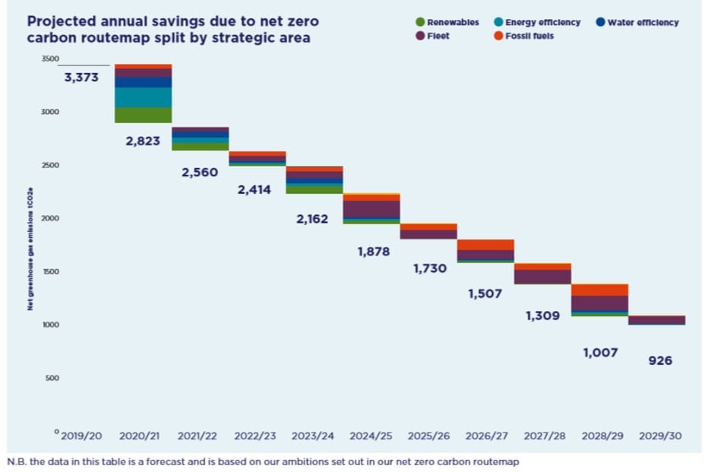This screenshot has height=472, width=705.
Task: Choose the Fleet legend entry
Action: point(435,36)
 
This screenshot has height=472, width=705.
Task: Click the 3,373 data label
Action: point(81,77)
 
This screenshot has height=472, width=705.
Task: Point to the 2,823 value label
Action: point(143,141)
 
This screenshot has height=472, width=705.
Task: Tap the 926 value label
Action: point(659,361)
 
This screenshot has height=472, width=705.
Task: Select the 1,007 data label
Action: point(601,353)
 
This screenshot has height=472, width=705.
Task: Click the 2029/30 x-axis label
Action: point(659,437)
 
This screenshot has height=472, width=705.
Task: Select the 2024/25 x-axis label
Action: point(371,437)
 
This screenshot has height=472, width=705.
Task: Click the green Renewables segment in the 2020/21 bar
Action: point(143,115)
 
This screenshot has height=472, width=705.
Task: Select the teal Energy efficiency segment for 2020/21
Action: point(143,97)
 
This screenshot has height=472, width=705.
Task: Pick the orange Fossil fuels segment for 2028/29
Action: point(600,290)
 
